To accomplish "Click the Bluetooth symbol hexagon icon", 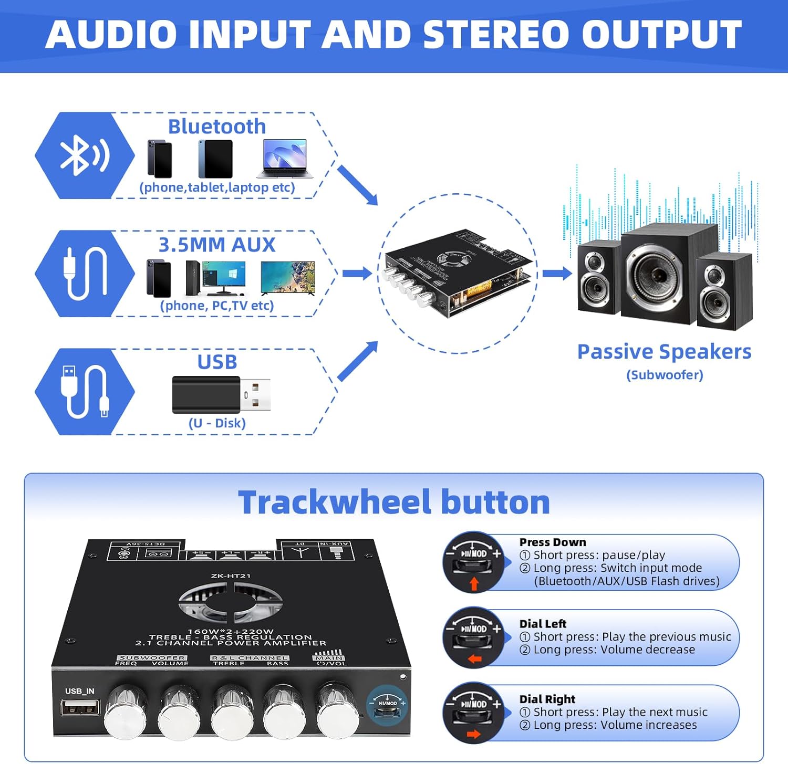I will (84, 155).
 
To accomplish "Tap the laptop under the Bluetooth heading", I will (284, 159).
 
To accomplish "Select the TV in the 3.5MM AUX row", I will (288, 278).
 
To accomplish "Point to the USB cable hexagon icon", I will (84, 392).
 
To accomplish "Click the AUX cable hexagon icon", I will (84, 274).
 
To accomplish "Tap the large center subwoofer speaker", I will (668, 274).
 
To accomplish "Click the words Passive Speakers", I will (664, 352).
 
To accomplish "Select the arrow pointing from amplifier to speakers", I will (557, 273).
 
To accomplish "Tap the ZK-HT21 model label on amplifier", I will (231, 576).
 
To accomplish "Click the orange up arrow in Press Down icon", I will (474, 583).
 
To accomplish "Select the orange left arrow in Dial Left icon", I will (474, 659).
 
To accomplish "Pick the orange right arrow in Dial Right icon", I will (474, 734).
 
